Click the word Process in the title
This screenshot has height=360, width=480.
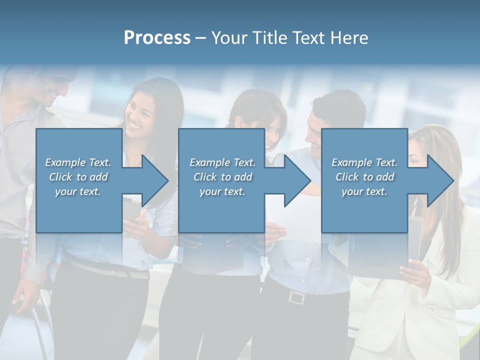pos(157,38)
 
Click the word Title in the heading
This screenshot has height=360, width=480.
pos(270,38)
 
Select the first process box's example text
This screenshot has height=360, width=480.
pos(78,177)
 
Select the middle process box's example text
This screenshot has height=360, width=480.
pos(222,177)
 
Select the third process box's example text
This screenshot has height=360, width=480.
pos(364,177)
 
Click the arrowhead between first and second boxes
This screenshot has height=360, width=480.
pos(153,181)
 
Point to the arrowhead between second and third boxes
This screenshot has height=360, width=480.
pos(295,181)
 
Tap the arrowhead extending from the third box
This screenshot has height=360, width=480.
pos(438,181)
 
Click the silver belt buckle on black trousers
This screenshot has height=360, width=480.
pos(296,297)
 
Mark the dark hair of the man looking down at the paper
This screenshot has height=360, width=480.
pos(338,105)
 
